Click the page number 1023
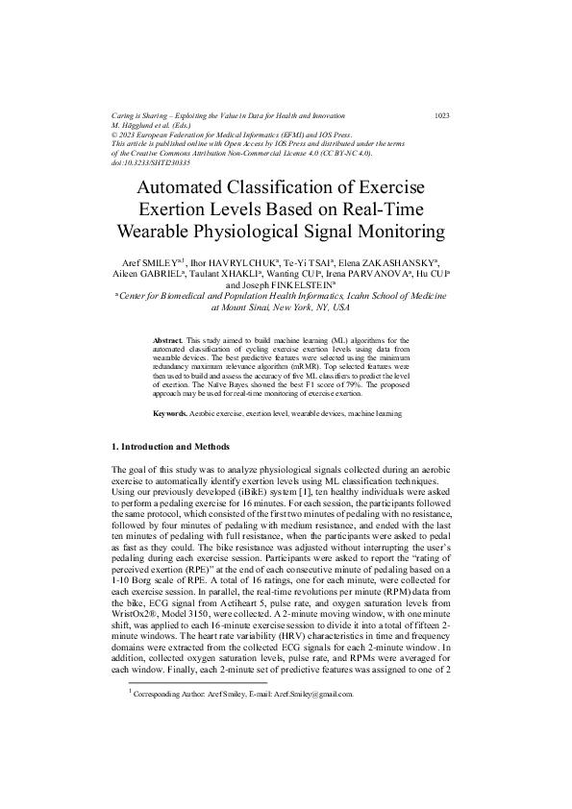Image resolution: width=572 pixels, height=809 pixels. tap(442, 115)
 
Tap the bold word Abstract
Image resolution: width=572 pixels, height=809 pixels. tap(168, 340)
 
